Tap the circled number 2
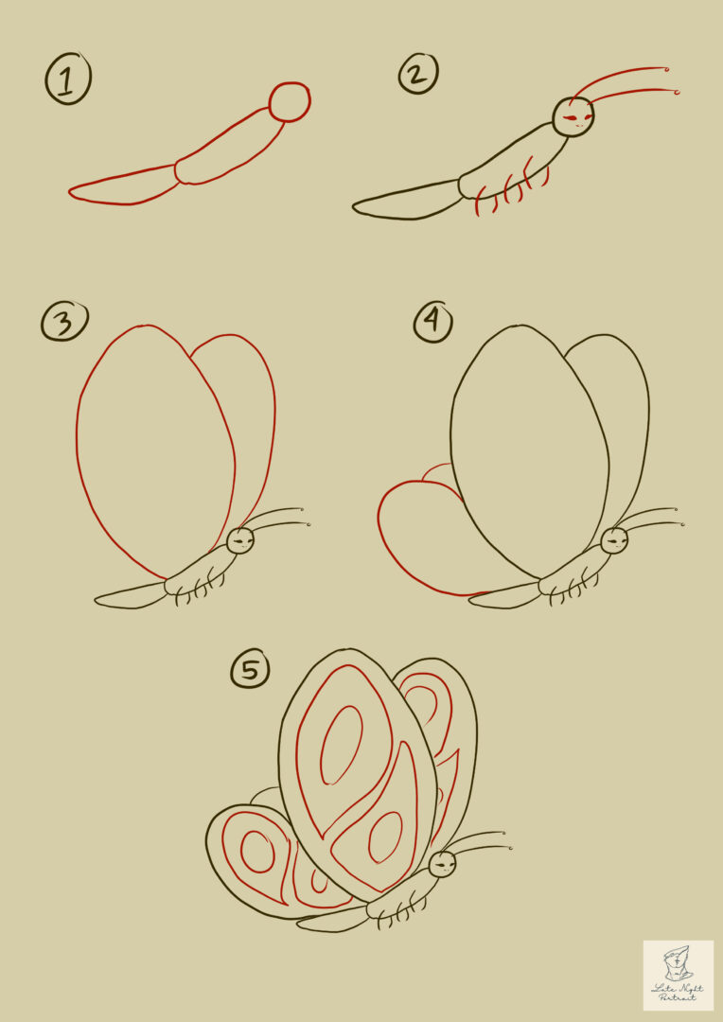417,75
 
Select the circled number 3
63,322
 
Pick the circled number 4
432,323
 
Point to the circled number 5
250,670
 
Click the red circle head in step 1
290,102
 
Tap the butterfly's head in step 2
573,117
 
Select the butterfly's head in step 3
240,540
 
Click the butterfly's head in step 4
614,540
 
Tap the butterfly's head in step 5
442,863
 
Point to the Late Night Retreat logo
679,975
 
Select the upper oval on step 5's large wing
341,745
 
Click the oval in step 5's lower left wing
256,852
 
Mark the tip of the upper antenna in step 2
667,68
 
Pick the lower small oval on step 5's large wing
384,837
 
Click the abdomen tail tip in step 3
99,599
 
